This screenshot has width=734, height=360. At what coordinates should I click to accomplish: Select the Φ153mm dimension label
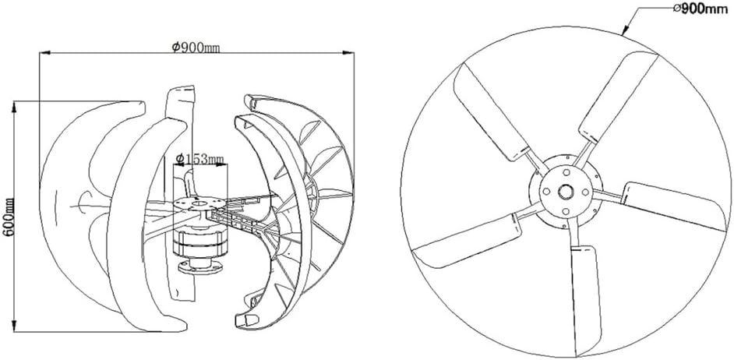199,159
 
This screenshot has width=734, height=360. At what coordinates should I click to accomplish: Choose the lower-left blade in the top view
468,241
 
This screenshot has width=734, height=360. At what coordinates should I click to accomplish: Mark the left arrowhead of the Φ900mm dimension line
43,53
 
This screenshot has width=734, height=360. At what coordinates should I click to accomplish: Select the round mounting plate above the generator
194,205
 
